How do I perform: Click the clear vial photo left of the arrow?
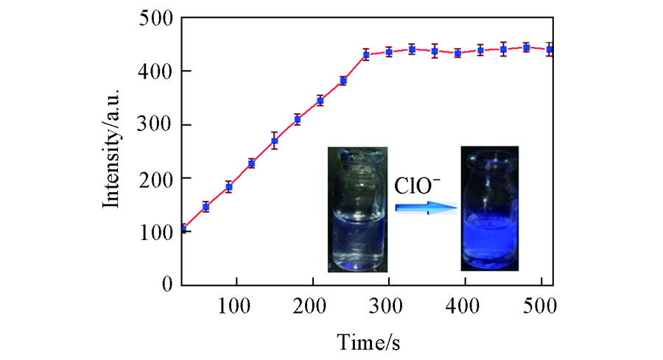click(357, 210)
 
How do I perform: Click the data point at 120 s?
click(251, 163)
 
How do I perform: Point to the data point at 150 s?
click(274, 141)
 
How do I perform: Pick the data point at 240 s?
click(343, 80)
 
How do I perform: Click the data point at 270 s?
click(365, 54)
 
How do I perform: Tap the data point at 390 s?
click(457, 53)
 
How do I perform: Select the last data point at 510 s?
click(548, 49)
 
